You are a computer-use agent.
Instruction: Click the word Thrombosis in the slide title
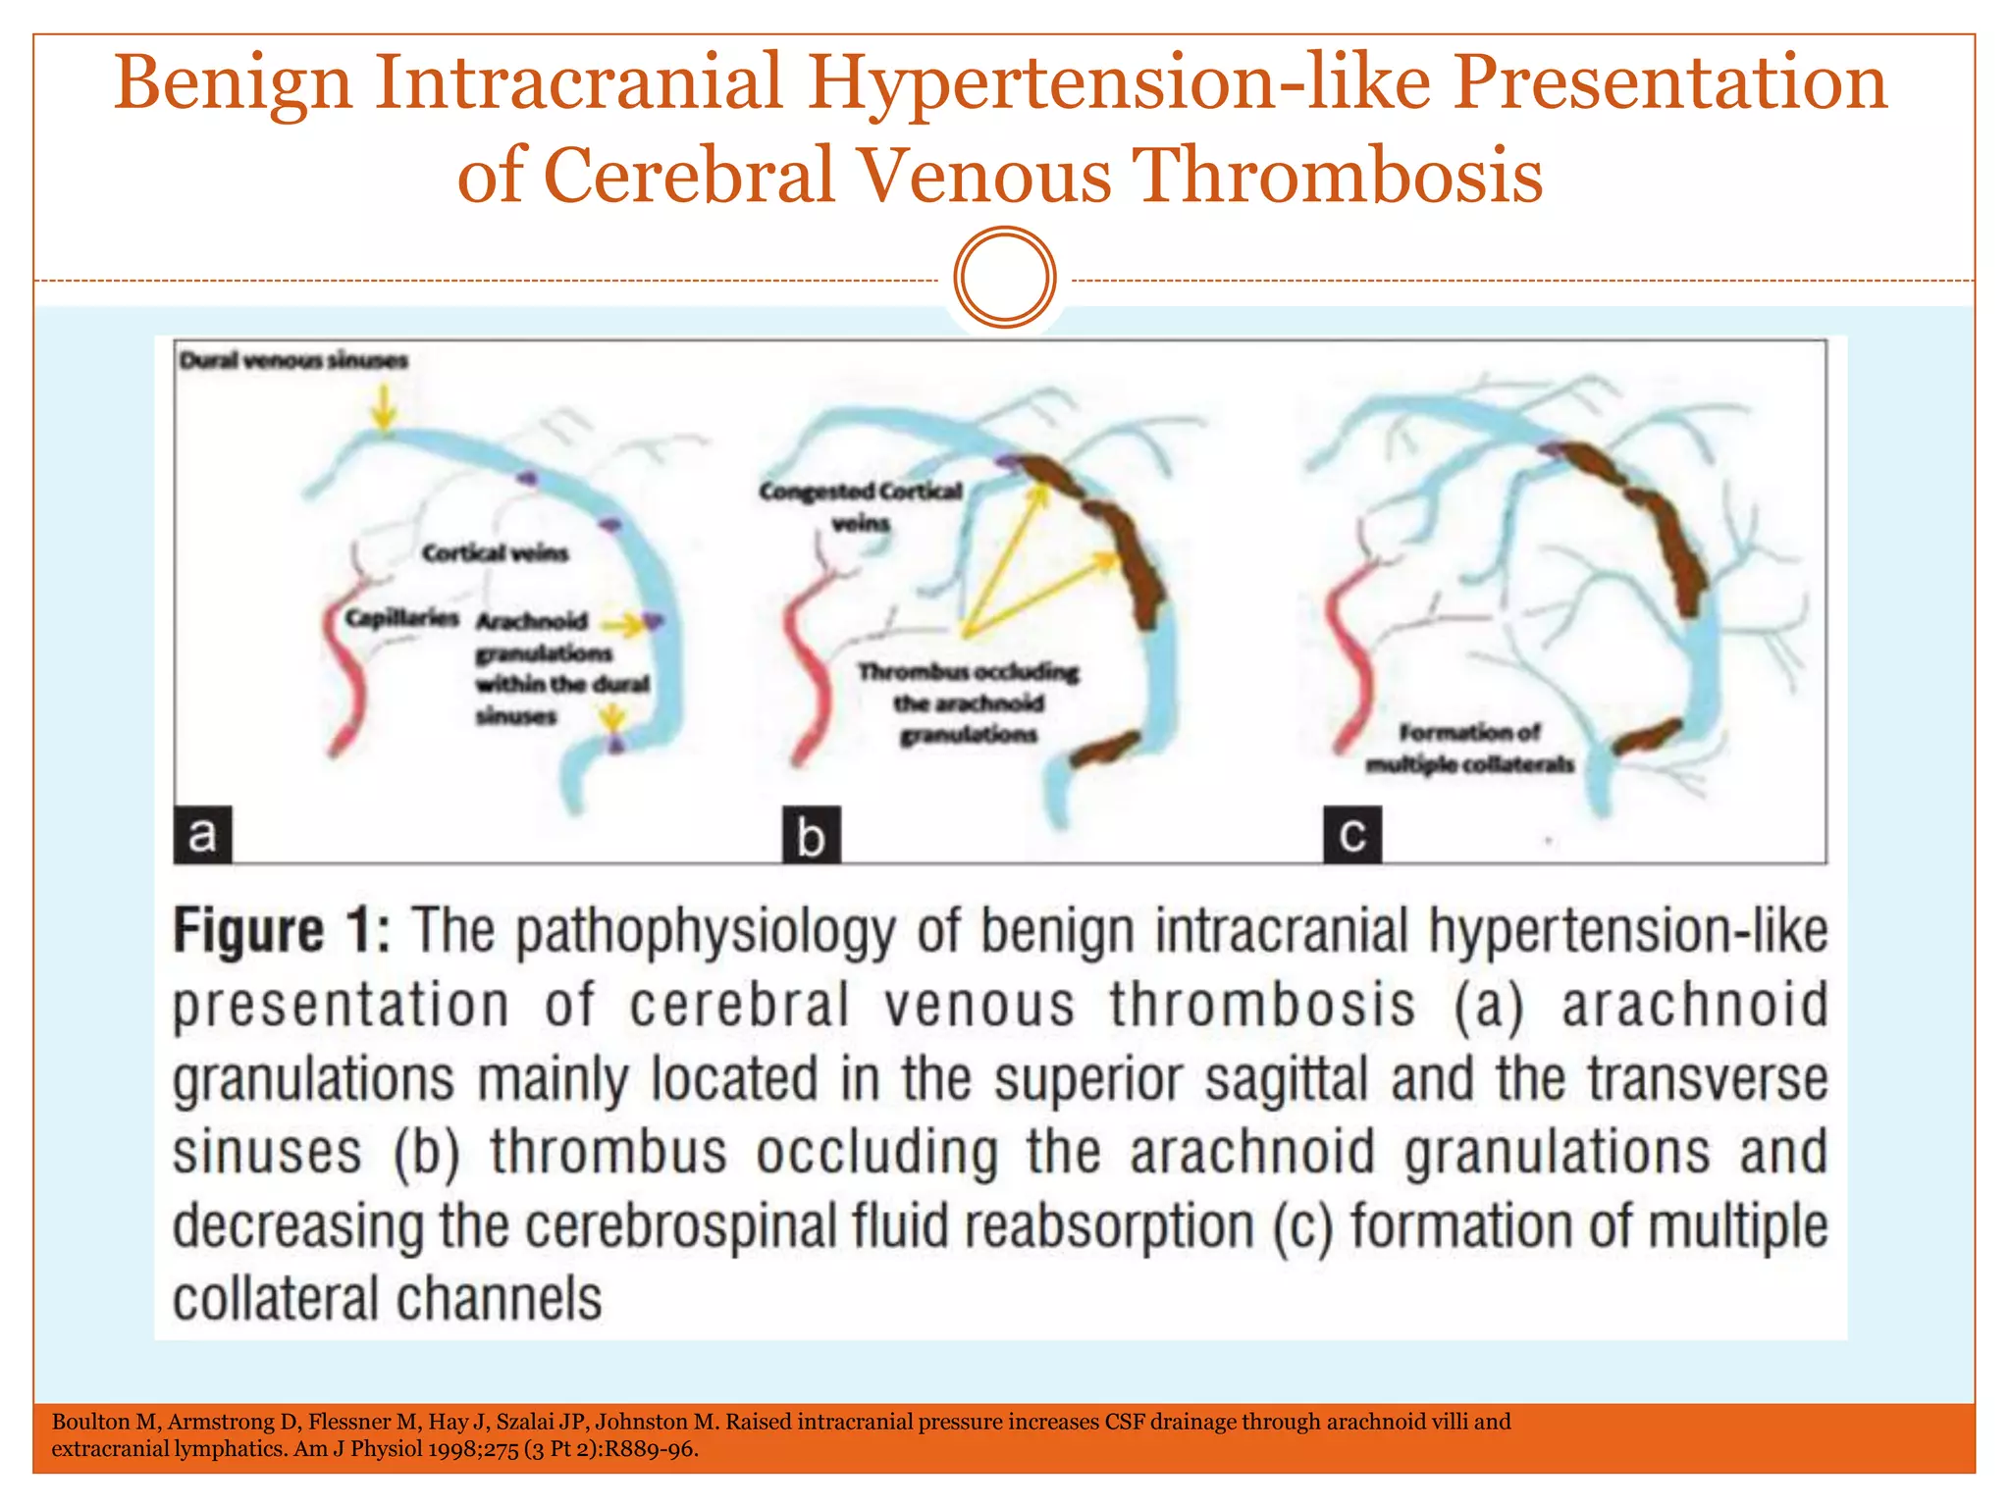point(1337,175)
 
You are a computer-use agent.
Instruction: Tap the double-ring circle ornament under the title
point(1004,278)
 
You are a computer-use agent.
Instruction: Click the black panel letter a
point(202,835)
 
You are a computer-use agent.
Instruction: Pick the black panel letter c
point(1351,835)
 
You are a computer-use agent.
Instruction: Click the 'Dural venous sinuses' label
point(292,361)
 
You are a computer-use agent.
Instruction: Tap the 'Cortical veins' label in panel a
point(495,554)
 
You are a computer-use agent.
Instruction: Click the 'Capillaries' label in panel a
point(401,618)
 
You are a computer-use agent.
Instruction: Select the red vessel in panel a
point(345,677)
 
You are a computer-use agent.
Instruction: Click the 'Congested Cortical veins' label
point(860,505)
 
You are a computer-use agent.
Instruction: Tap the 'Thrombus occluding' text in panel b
point(968,673)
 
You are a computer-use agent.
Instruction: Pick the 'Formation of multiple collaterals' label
point(1469,748)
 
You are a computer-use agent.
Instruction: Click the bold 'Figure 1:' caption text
point(282,930)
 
